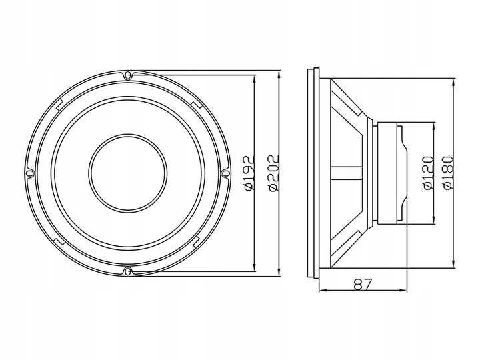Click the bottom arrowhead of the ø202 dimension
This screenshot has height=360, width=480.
point(279,273)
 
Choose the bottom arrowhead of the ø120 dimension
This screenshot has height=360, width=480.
point(435,222)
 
